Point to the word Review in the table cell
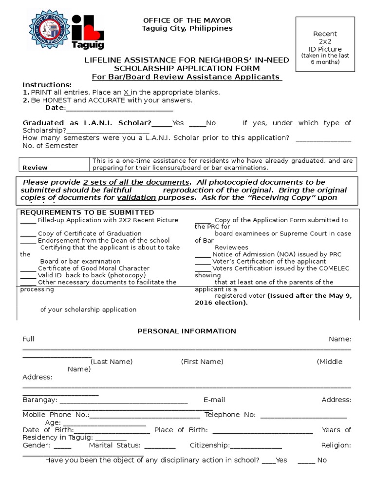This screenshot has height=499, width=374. tap(35, 167)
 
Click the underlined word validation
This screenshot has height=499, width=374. tap(136, 198)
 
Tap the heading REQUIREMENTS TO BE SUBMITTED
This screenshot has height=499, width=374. tap(87, 212)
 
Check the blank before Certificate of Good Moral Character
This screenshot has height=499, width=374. tap(28, 269)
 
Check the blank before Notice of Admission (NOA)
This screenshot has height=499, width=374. tap(203, 255)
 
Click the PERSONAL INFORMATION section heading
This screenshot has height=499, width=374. tap(187, 331)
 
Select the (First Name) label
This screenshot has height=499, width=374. tap(202, 362)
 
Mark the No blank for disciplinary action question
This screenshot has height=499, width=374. tap(306, 461)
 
